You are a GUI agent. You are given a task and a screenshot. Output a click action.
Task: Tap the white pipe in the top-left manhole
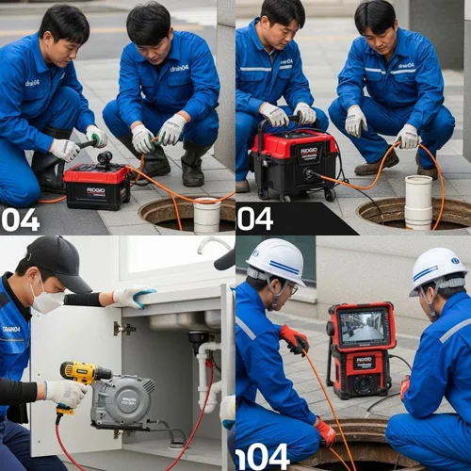(206, 215)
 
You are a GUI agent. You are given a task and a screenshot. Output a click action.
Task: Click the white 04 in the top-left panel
(20, 219)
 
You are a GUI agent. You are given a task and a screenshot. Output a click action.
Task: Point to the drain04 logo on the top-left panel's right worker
(180, 68)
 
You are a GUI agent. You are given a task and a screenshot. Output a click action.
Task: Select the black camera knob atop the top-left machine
(104, 157)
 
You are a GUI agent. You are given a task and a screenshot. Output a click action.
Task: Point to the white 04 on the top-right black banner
(254, 219)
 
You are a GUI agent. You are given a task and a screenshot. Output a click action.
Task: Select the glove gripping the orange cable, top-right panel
(407, 138)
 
